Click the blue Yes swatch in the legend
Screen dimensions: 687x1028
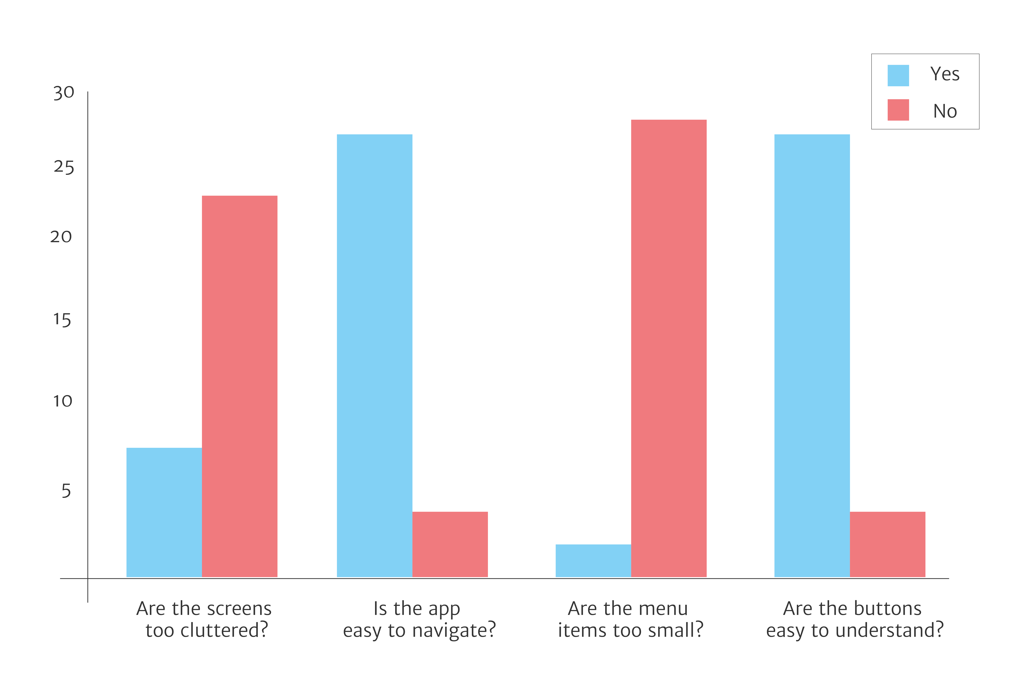pyautogui.click(x=898, y=75)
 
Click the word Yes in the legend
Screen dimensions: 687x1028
pyautogui.click(x=945, y=74)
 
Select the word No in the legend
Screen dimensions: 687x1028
pyautogui.click(x=945, y=111)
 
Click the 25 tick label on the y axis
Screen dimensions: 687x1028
pyautogui.click(x=64, y=167)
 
